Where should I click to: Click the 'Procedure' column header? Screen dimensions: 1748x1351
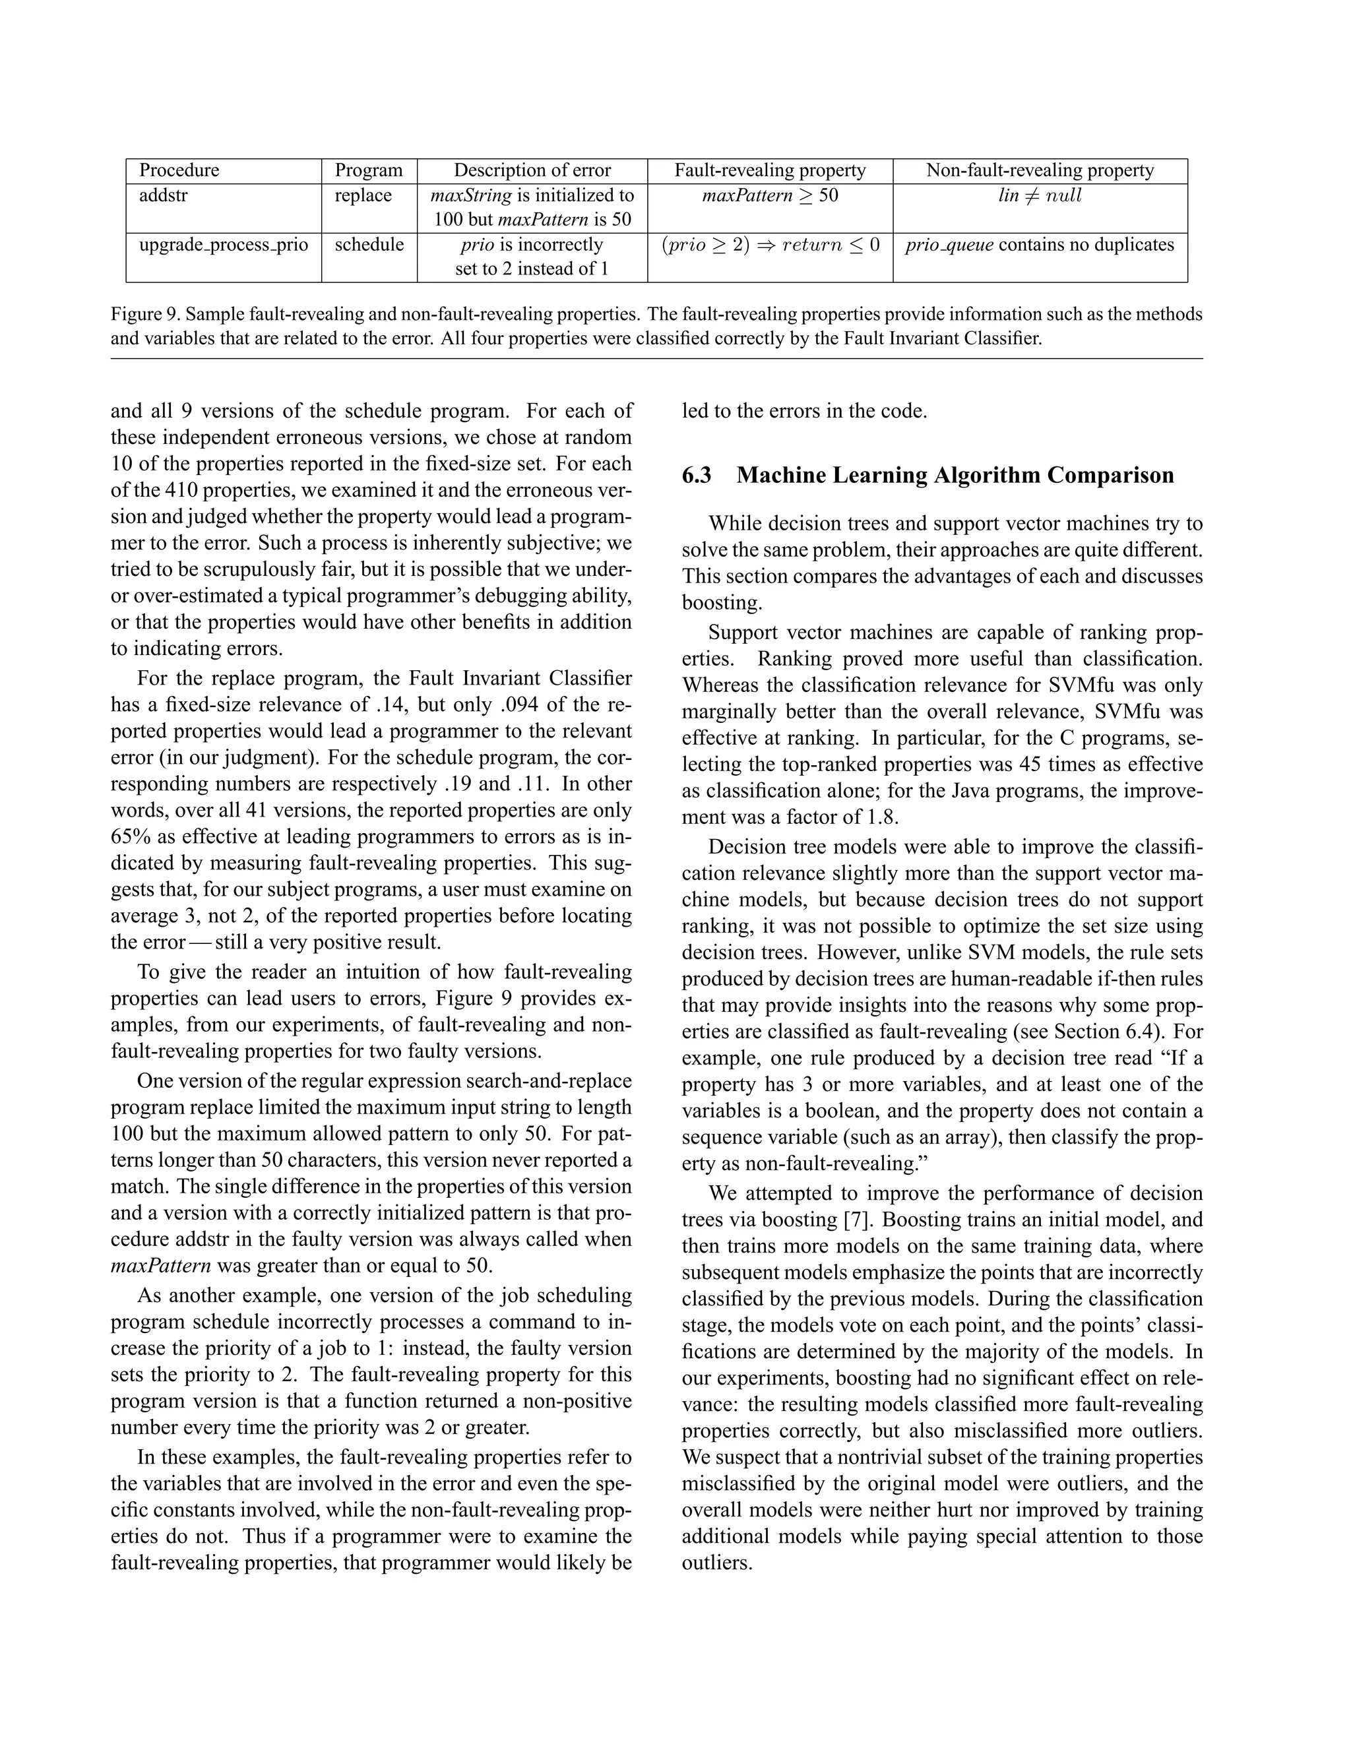(179, 170)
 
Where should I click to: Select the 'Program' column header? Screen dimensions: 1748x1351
(368, 170)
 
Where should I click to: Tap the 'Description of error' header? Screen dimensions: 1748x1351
(532, 170)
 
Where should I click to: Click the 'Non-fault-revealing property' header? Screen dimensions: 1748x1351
(1040, 170)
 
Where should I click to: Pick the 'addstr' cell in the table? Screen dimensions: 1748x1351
(164, 196)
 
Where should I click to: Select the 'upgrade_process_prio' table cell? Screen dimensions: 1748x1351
(224, 245)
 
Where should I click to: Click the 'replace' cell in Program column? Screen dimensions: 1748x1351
(363, 196)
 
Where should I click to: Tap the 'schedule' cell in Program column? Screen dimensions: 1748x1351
(369, 245)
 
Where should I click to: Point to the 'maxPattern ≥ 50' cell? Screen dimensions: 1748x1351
(770, 196)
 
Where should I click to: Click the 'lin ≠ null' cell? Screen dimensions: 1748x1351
(1040, 196)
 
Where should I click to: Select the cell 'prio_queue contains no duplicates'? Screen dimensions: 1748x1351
(1040, 245)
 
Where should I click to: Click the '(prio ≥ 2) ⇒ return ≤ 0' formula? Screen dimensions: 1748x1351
(770, 245)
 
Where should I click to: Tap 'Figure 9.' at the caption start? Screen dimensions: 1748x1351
(145, 315)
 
